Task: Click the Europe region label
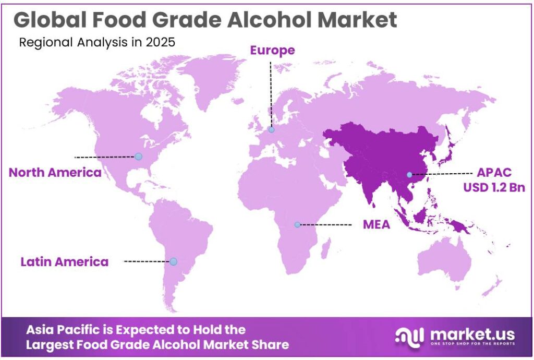click(x=272, y=51)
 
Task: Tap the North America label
click(x=55, y=173)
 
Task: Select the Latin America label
click(x=65, y=261)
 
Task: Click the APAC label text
click(x=490, y=173)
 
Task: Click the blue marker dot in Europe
click(x=271, y=130)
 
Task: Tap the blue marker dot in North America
click(x=138, y=156)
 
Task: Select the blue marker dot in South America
click(x=174, y=261)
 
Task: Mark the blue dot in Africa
click(x=297, y=225)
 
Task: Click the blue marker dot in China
click(x=409, y=175)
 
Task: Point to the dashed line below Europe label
click(x=271, y=94)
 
